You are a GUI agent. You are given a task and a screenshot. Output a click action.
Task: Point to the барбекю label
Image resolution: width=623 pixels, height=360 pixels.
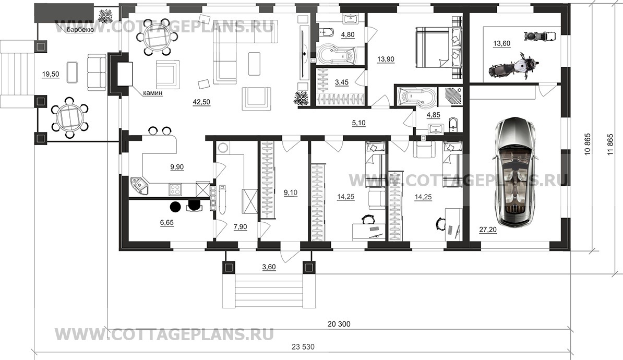pos(80,30)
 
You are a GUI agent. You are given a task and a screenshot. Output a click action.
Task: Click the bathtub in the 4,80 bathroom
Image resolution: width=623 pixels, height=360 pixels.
pos(336,56)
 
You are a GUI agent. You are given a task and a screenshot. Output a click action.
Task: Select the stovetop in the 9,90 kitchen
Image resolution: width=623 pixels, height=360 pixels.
pos(175,188)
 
